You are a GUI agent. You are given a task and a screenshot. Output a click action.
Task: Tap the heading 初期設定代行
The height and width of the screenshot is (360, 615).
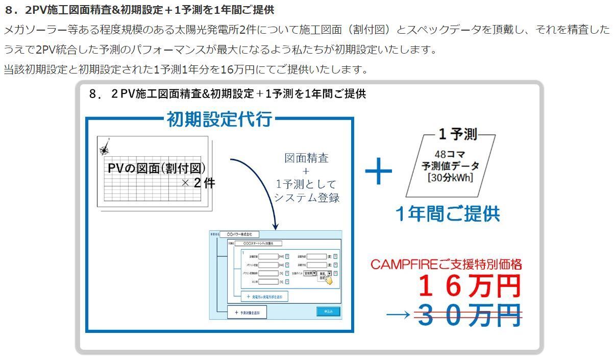tap(219, 119)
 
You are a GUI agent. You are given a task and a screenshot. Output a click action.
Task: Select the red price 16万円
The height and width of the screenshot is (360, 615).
tap(469, 286)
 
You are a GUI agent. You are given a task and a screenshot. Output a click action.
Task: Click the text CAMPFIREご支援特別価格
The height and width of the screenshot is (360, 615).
tap(446, 265)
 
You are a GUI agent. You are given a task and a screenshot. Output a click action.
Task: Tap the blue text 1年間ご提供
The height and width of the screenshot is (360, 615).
tap(447, 214)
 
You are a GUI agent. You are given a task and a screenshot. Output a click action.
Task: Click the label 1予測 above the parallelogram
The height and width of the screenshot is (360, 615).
tap(457, 134)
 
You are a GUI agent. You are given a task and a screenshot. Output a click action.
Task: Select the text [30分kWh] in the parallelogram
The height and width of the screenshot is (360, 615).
tap(450, 178)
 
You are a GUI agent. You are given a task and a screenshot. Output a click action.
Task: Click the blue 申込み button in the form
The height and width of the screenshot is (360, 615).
tap(328, 311)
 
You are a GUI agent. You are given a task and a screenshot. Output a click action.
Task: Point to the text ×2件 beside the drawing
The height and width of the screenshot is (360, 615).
tap(198, 183)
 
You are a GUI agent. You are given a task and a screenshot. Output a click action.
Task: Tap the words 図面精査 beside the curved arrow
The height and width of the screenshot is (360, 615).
tap(306, 158)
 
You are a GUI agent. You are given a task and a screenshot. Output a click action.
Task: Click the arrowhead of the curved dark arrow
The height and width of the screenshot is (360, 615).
tap(276, 225)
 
